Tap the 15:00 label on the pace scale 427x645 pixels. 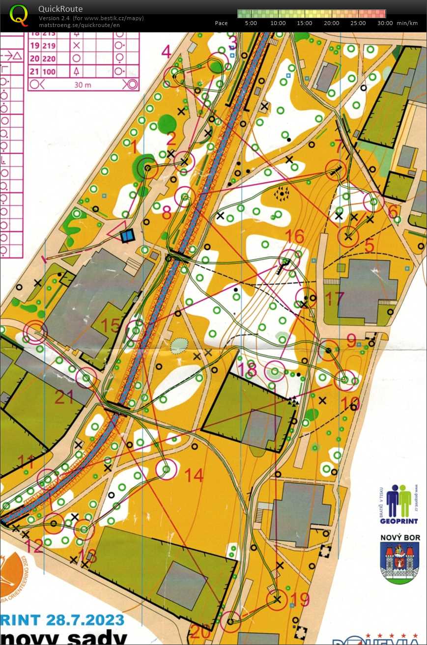tap(305, 23)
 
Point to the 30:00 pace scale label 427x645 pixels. tap(385, 23)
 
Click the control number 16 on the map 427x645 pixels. tap(295, 237)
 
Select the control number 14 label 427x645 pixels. tap(194, 475)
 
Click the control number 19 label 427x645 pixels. tap(300, 599)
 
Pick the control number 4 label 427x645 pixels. tap(167, 51)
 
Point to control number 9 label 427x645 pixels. tap(351, 340)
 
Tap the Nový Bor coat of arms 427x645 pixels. tap(400, 562)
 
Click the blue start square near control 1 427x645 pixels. tap(127, 236)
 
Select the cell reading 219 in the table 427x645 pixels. tap(50, 45)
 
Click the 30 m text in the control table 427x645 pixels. tap(83, 84)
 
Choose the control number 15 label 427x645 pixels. tap(110, 325)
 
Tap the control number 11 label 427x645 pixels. tap(26, 461)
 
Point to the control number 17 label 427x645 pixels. tap(335, 298)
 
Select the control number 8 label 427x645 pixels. tap(167, 213)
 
